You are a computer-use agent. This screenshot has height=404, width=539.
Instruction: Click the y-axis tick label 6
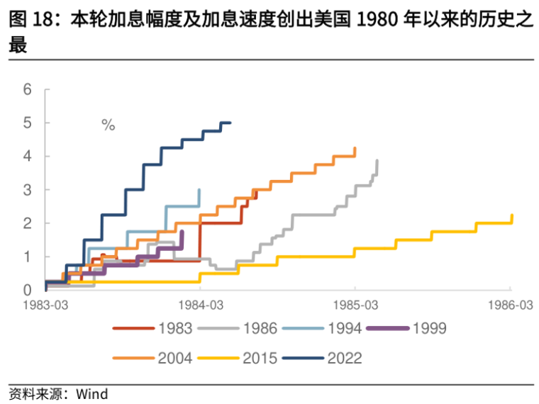[x=28, y=89]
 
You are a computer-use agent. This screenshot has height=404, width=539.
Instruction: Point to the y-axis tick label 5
[x=28, y=123]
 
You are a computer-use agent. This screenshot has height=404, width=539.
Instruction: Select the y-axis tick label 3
[x=28, y=189]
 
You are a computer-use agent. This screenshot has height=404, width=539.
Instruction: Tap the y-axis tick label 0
[x=28, y=290]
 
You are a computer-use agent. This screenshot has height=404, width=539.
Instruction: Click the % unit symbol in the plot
[x=108, y=125]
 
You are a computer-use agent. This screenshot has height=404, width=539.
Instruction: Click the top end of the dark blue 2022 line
[x=230, y=123]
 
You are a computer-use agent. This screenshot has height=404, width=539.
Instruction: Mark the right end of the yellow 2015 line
[x=511, y=215]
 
